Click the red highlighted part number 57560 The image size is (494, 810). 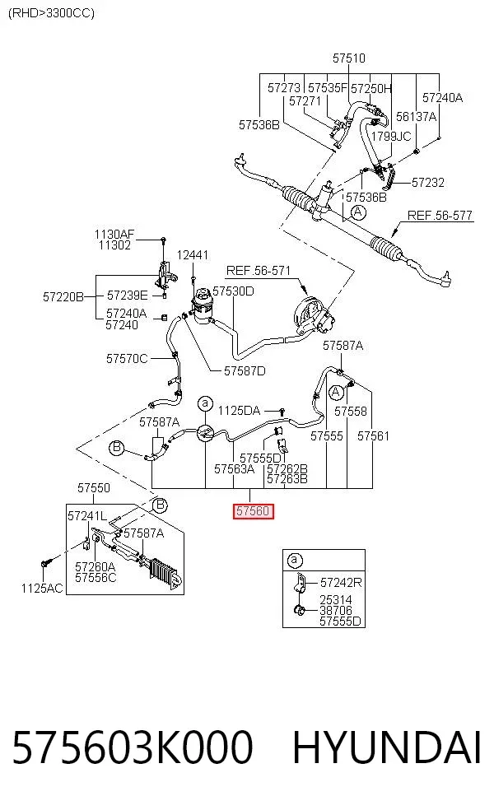pos(253,511)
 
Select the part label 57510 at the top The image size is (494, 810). pos(349,58)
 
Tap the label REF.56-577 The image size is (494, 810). pos(440,216)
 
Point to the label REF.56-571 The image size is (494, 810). pos(259,271)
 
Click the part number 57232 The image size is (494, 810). pos(428,183)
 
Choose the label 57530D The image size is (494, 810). pos(234,291)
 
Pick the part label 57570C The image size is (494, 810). pos(127,359)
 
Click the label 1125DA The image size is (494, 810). pos(240,411)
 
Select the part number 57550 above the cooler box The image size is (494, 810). pos(94,487)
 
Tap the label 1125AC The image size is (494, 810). pos(42,588)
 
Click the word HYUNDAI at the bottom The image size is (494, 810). pos(387,747)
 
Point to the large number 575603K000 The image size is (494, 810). pos(133,747)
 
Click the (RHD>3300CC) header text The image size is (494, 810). pos(52,13)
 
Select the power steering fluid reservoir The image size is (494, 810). pos(201,307)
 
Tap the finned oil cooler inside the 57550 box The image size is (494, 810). pos(165,572)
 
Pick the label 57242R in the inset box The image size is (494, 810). pos(341,583)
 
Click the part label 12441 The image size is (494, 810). pos(193,254)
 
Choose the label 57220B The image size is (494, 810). pos(63,296)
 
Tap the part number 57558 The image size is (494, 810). pos(351,412)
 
